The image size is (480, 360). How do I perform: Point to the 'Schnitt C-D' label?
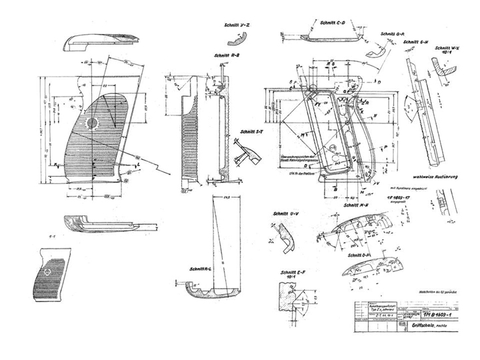333,22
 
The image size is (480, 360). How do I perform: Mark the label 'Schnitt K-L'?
200,269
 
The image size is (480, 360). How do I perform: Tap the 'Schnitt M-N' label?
355,206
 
